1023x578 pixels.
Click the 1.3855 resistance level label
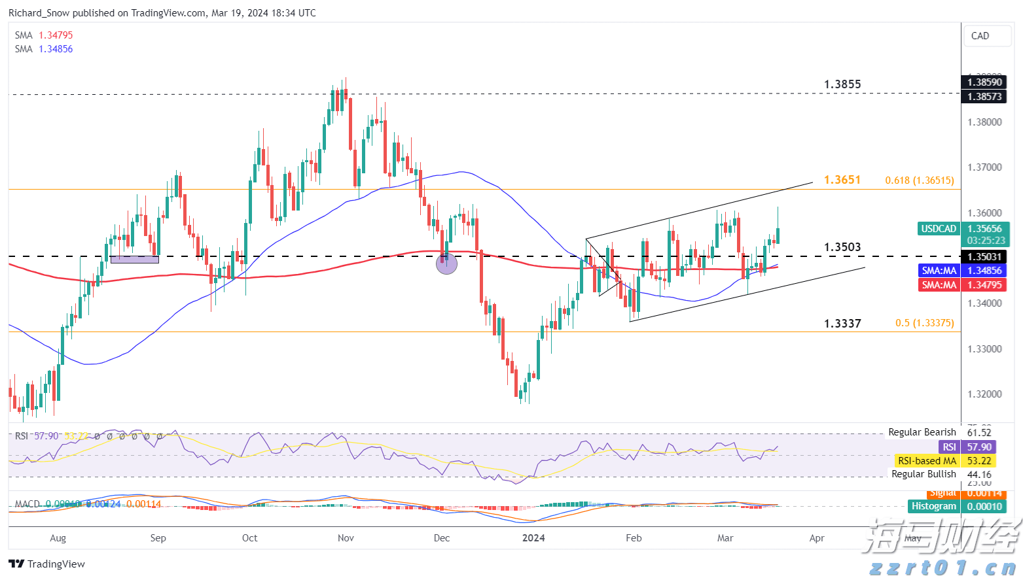pyautogui.click(x=842, y=84)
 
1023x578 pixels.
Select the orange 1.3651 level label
pyautogui.click(x=842, y=180)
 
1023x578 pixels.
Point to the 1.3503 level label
pyautogui.click(x=842, y=247)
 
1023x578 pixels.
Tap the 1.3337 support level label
pyautogui.click(x=842, y=324)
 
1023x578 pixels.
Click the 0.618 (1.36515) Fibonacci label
pyautogui.click(x=919, y=180)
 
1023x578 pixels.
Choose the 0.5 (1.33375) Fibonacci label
pyautogui.click(x=924, y=323)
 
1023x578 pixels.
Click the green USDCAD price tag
pyautogui.click(x=939, y=229)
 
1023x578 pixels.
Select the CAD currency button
pyautogui.click(x=980, y=36)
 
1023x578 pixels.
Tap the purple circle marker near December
pyautogui.click(x=446, y=263)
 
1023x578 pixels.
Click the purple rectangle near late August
pyautogui.click(x=135, y=260)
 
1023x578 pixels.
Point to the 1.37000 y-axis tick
pyautogui.click(x=984, y=167)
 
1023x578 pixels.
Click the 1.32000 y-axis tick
pyautogui.click(x=984, y=394)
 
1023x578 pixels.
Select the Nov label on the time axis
pyautogui.click(x=346, y=538)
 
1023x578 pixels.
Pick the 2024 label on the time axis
pyautogui.click(x=533, y=538)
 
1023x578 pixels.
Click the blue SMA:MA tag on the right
pyautogui.click(x=939, y=271)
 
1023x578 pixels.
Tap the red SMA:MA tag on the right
pyautogui.click(x=939, y=285)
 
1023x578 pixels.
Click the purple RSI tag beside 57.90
pyautogui.click(x=949, y=447)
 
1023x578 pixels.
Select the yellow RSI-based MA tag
pyautogui.click(x=927, y=461)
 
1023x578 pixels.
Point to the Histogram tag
pyautogui.click(x=934, y=506)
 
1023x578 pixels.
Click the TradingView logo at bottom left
pyautogui.click(x=47, y=564)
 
